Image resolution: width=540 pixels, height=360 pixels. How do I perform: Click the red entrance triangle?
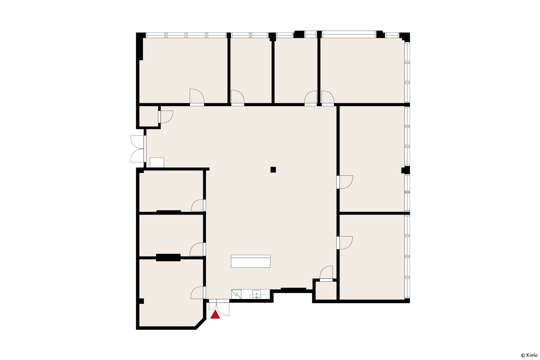point(215,315)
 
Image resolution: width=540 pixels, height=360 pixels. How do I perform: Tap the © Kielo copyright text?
point(529,355)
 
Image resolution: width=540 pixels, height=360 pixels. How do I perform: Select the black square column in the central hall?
point(273,170)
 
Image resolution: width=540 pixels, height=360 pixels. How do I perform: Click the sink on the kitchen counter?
point(256,294)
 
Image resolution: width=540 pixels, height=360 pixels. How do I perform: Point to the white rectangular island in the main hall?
point(251,261)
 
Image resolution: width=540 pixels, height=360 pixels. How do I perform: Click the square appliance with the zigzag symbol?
point(236,294)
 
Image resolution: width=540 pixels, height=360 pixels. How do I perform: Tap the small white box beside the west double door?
point(157,162)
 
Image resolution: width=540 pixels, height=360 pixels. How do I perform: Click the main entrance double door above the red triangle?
point(219,307)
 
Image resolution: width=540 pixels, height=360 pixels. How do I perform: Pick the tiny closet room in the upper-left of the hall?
point(149,117)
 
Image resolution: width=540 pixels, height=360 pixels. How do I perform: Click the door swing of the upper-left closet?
point(166,117)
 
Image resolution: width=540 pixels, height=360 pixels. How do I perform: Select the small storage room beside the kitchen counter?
point(326,291)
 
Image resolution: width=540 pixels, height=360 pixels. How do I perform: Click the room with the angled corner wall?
point(171,293)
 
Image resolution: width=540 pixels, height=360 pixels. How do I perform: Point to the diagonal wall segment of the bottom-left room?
point(201,324)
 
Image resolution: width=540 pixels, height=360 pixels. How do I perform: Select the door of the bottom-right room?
point(345,243)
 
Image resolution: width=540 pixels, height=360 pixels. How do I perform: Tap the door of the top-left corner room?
point(197,97)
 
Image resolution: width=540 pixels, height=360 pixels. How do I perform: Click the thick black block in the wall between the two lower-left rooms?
point(168,257)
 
